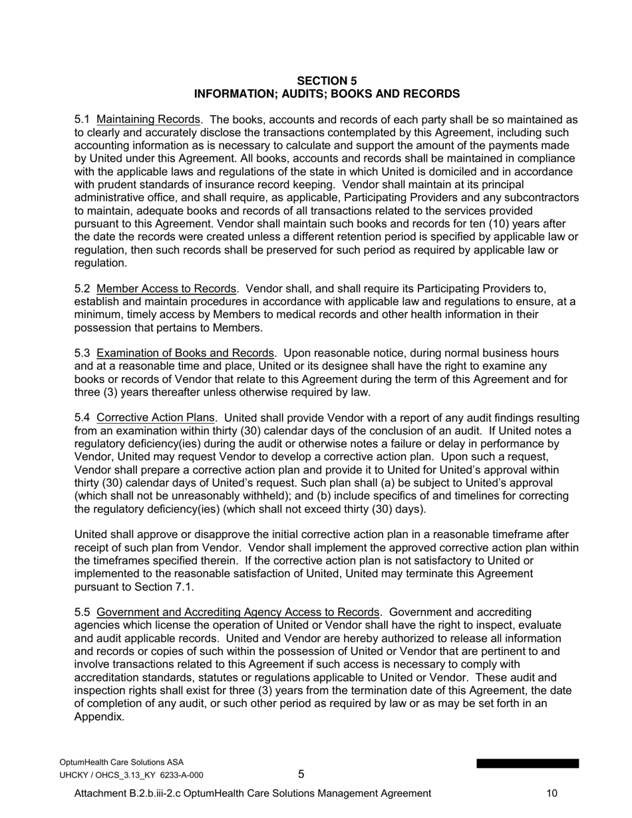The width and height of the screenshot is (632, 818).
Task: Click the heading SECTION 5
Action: (x=327, y=81)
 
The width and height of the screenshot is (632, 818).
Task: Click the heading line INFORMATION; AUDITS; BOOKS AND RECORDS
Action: (x=327, y=94)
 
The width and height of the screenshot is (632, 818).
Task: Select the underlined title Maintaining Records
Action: (x=148, y=120)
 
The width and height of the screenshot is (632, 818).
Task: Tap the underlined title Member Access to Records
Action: (x=166, y=289)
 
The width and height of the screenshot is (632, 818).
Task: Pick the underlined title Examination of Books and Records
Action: (x=186, y=354)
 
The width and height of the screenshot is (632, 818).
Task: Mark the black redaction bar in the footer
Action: (x=528, y=763)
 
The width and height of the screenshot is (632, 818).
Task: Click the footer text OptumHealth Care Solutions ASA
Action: (x=122, y=762)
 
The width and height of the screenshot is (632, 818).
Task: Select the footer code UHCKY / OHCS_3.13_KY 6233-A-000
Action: (x=131, y=775)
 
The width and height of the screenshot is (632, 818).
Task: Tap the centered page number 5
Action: (x=301, y=774)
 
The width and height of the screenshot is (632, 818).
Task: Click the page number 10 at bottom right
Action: (x=552, y=793)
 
